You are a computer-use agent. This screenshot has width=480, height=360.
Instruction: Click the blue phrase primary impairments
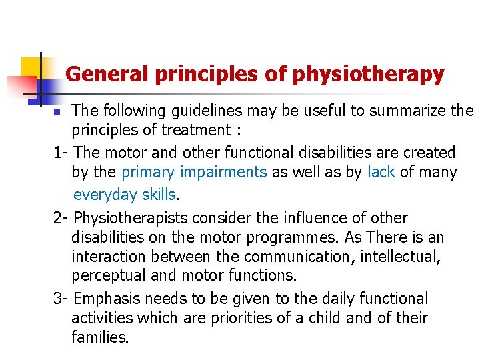(x=194, y=172)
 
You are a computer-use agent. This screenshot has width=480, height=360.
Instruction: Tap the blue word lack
(x=381, y=172)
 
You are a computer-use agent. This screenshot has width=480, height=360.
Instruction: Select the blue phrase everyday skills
(x=125, y=195)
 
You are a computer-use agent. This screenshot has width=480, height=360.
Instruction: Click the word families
(x=99, y=337)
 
